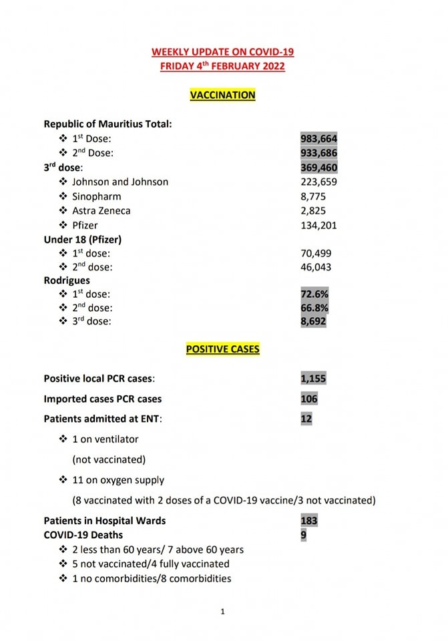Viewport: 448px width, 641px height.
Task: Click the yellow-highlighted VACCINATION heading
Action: (223, 95)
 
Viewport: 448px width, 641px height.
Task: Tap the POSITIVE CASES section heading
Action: (223, 349)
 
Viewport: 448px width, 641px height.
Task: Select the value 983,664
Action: (319, 138)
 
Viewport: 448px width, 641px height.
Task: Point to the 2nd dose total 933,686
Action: (319, 153)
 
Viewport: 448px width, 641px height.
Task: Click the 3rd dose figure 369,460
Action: (319, 168)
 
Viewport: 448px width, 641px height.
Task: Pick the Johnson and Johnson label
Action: (120, 182)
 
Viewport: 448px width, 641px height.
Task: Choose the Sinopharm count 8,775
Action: (314, 196)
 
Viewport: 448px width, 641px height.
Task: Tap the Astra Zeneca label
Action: (101, 211)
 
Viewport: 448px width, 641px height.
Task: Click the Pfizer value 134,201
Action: (319, 225)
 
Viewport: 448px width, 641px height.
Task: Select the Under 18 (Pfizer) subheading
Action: (83, 239)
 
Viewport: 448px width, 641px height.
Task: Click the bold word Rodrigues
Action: (67, 280)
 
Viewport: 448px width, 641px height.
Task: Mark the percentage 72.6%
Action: (314, 294)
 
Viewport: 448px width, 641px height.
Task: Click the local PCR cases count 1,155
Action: (314, 379)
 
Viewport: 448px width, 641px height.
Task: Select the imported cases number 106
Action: (309, 399)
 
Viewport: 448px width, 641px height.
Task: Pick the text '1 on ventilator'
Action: (105, 439)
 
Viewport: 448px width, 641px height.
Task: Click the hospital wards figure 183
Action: (309, 521)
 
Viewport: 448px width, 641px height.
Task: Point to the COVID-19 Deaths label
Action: (83, 535)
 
